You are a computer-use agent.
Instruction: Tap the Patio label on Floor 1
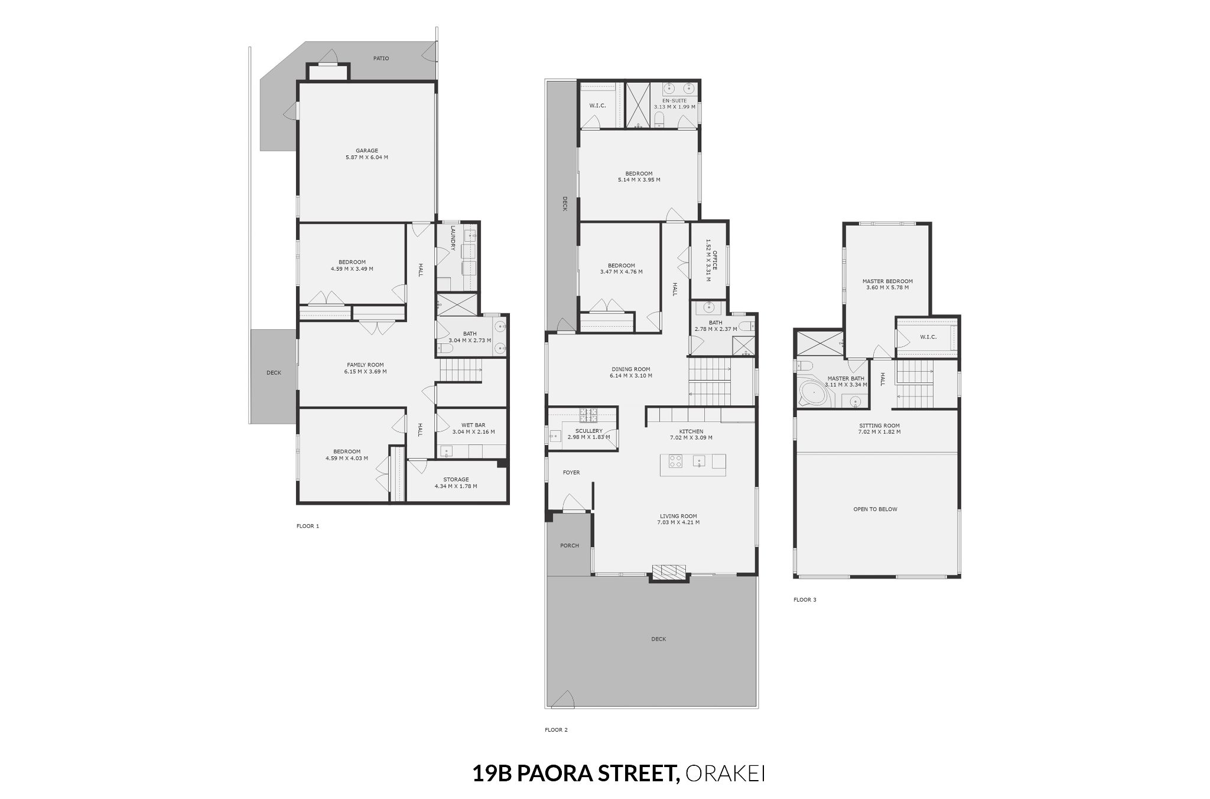[x=381, y=59]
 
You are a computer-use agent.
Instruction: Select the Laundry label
[x=453, y=238]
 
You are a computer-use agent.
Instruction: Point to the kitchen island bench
[x=694, y=461]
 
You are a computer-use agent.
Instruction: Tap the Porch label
[x=570, y=545]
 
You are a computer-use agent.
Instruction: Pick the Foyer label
[x=571, y=473]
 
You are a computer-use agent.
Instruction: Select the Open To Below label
[x=875, y=509]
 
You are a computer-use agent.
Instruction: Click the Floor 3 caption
[x=805, y=600]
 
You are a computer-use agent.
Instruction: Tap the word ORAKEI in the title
[x=726, y=774]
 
